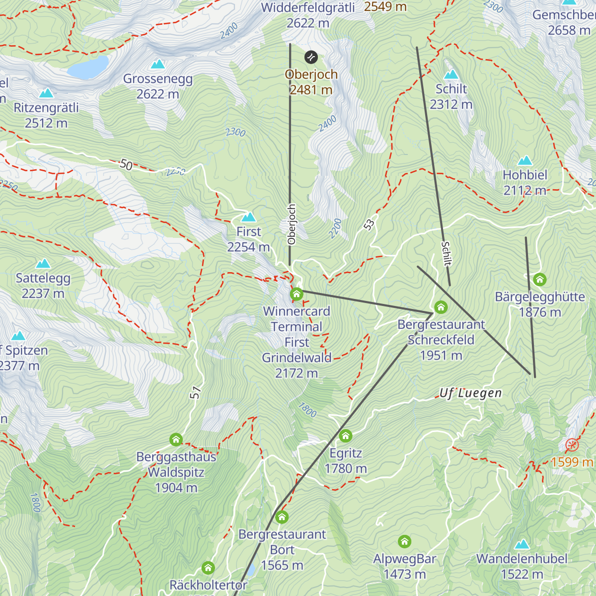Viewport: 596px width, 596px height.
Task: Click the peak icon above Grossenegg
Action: (158, 64)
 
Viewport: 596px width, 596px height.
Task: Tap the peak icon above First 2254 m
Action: (248, 217)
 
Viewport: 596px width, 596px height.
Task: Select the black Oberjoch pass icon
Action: (311, 57)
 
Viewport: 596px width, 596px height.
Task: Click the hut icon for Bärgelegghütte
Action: (540, 280)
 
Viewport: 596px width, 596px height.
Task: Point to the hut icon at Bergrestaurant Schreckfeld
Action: (441, 307)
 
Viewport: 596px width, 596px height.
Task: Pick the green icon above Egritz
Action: (346, 436)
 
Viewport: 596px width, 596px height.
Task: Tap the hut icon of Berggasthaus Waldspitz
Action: (176, 440)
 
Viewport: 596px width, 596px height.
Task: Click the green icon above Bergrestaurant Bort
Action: (282, 517)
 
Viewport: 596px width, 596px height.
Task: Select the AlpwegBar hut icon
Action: (405, 541)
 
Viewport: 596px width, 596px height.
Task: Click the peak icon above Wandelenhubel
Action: (521, 544)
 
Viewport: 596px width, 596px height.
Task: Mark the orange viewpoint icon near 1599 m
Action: (572, 445)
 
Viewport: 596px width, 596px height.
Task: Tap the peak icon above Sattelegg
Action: (43, 263)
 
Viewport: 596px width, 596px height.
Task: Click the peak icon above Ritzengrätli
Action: (46, 93)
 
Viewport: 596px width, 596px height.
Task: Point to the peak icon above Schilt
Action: (451, 74)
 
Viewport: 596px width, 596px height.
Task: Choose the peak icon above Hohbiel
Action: (525, 160)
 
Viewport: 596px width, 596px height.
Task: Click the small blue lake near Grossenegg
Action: (88, 68)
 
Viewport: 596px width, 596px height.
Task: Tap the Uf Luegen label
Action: (470, 393)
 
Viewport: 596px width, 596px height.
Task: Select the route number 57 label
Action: (196, 392)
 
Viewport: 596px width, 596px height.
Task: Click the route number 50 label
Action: (126, 164)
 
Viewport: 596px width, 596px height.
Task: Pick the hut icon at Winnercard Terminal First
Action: (297, 294)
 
